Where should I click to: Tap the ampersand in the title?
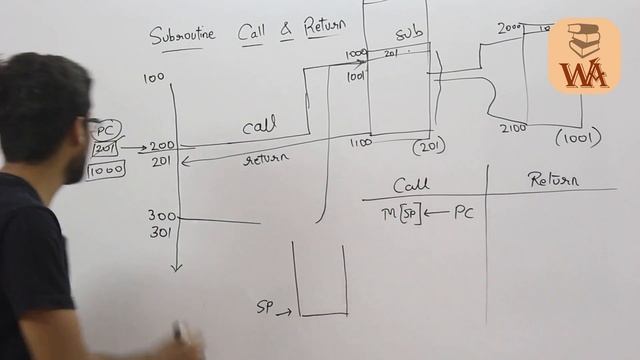point(286,32)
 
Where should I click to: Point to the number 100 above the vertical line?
point(153,77)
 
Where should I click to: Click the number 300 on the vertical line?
point(162,216)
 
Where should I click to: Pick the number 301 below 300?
point(162,233)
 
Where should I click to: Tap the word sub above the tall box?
point(410,34)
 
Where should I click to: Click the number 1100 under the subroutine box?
point(361,143)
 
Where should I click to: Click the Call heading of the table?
point(411,186)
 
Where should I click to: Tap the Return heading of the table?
point(553,180)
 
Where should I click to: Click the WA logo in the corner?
point(584,55)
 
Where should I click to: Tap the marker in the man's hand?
point(181,331)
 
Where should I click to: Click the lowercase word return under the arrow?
point(265,159)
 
